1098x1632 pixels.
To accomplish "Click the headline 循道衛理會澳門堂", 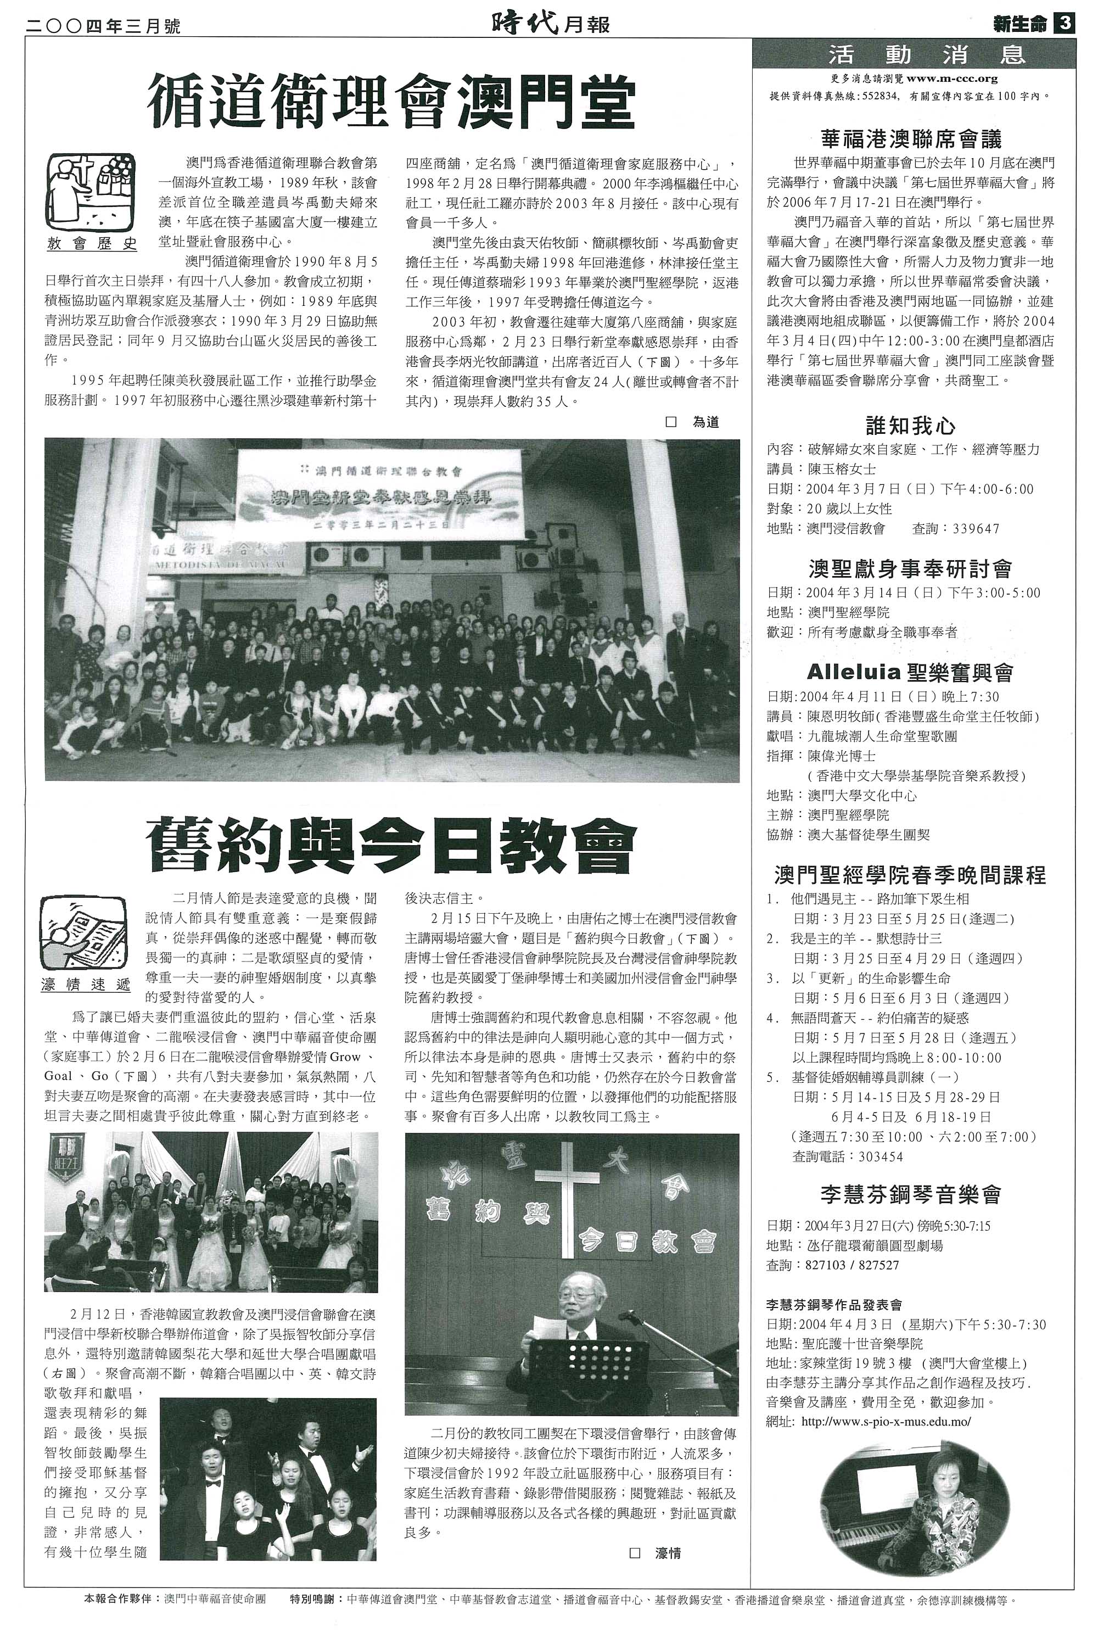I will point(391,103).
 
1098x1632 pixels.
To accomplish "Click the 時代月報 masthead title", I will point(550,25).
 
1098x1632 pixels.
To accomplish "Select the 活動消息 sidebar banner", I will point(913,54).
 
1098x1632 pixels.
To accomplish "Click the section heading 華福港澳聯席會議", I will point(911,139).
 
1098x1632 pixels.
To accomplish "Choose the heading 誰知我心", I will point(910,425).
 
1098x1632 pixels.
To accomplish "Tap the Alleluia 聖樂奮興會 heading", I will point(910,673).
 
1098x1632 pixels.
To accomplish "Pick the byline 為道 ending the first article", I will point(705,422).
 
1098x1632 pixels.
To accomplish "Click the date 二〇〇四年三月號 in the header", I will point(104,26).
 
